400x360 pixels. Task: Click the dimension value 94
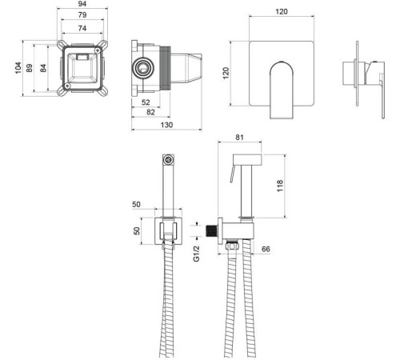pyautogui.click(x=82, y=4)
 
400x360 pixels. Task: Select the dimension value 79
pyautogui.click(x=82, y=15)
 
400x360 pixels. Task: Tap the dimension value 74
pyautogui.click(x=82, y=28)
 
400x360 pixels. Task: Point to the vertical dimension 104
pyautogui.click(x=18, y=68)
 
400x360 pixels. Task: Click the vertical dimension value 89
pyautogui.click(x=30, y=68)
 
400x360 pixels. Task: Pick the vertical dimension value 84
pyautogui.click(x=43, y=68)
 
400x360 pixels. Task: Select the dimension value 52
pyautogui.click(x=146, y=102)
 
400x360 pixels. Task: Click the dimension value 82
pyautogui.click(x=150, y=112)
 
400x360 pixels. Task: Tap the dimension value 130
pyautogui.click(x=166, y=125)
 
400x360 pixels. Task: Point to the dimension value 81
pyautogui.click(x=239, y=138)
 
